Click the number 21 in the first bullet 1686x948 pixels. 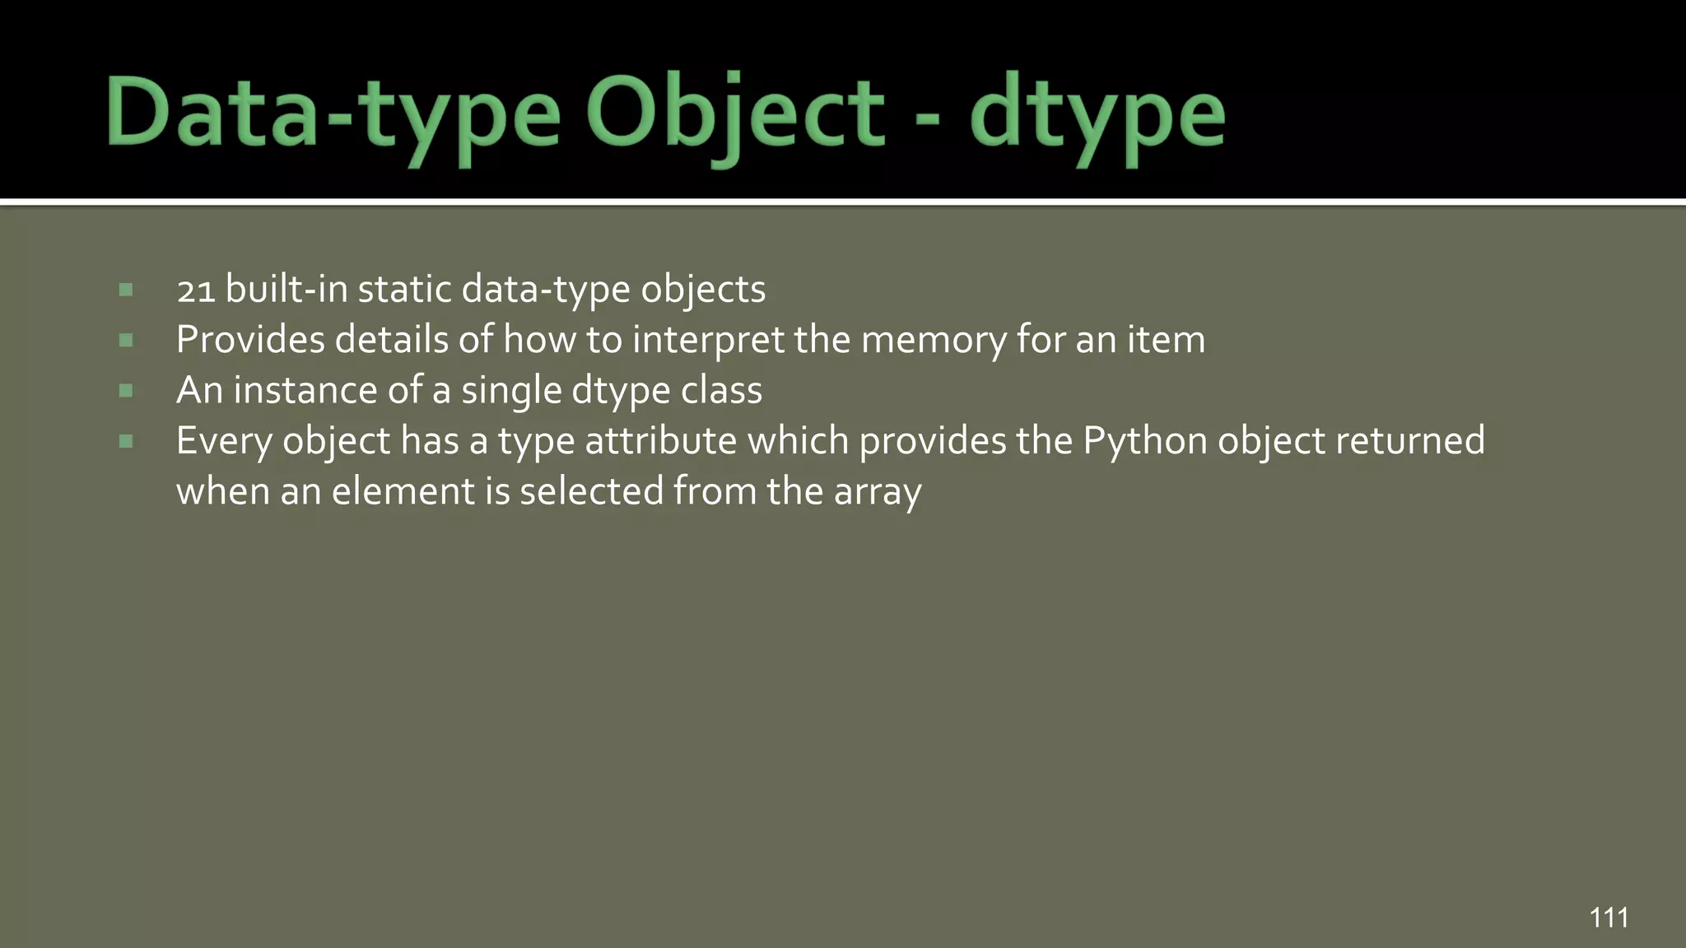196,290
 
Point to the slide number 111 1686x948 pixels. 1609,917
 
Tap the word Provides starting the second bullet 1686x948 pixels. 250,340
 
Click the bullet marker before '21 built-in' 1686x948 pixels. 126,290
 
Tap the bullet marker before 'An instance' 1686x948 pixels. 126,391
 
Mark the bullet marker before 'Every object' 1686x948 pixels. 126,442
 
